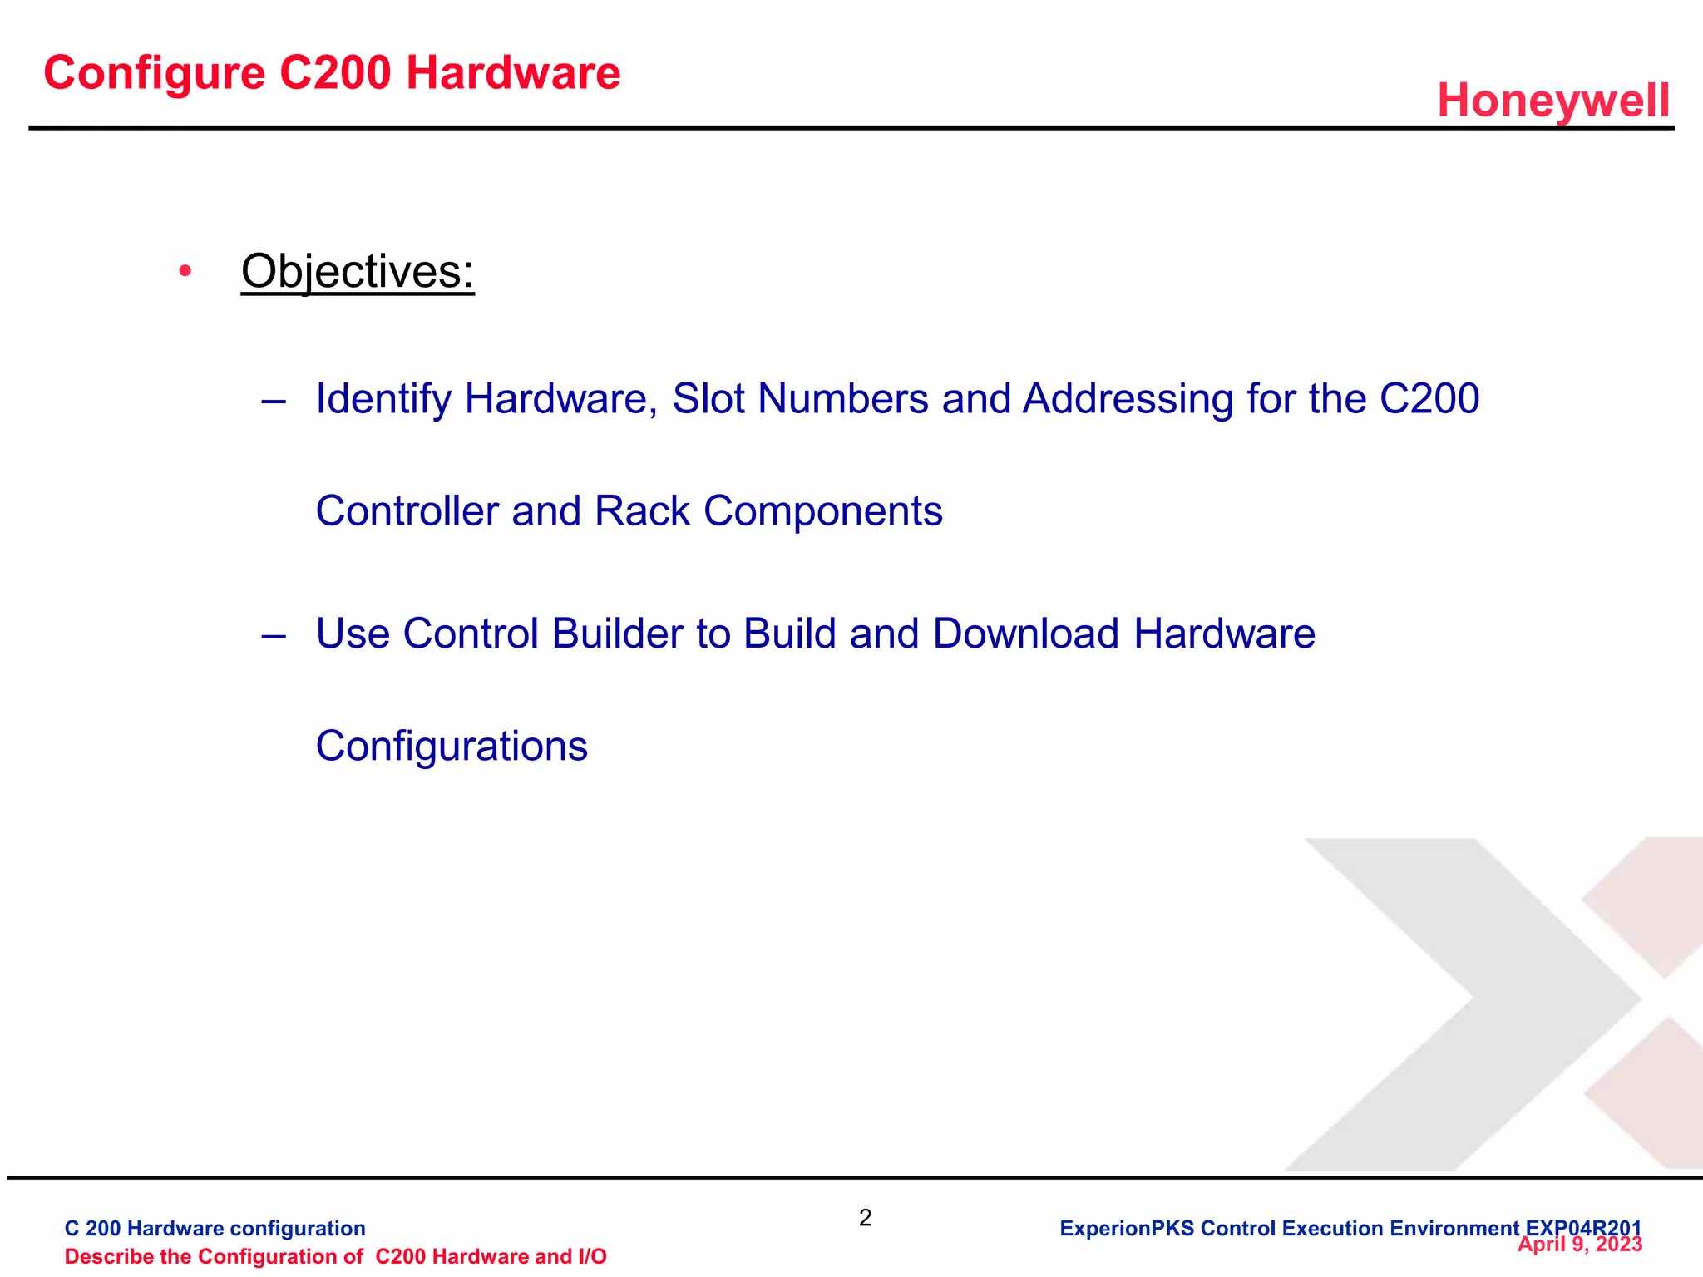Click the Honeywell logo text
point(1552,101)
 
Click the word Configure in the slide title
point(154,73)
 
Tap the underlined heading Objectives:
point(358,271)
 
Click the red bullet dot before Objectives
point(185,271)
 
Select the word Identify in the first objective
point(383,399)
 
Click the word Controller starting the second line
point(407,510)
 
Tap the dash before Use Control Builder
point(274,636)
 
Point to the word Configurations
point(452,746)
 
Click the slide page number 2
point(865,1218)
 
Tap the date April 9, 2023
point(1579,1245)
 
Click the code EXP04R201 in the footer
point(1583,1228)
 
